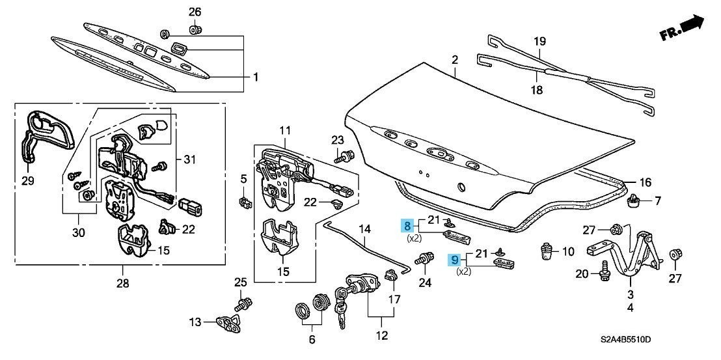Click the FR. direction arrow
tap(683, 27)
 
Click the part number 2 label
tap(455, 61)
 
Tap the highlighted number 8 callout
tap(408, 226)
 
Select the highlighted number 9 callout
tap(455, 259)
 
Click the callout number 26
tap(195, 12)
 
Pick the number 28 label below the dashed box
tap(122, 284)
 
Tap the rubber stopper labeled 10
tap(548, 251)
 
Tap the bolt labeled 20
tap(603, 271)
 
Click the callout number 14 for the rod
tap(364, 229)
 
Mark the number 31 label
tap(189, 160)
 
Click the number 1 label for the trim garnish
tap(256, 77)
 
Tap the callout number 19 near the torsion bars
tap(539, 42)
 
